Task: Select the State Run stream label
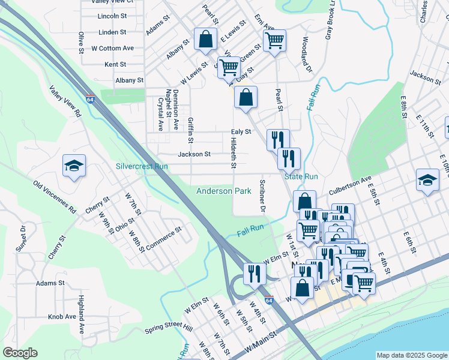click(301, 177)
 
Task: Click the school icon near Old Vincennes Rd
click(74, 166)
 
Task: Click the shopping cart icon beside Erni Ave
click(274, 41)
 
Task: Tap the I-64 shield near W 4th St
click(269, 300)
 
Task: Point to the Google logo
click(20, 353)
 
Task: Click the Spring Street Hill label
click(168, 329)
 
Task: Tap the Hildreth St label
click(233, 152)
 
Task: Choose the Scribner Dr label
click(262, 196)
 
